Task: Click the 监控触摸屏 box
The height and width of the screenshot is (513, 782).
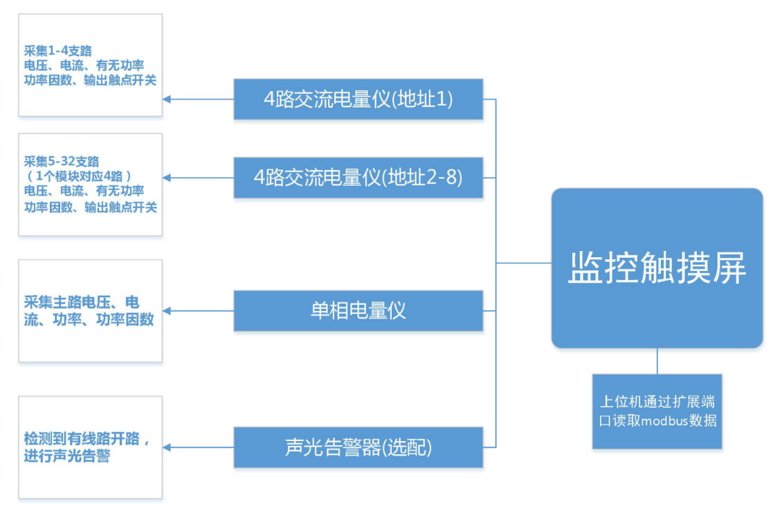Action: tap(657, 268)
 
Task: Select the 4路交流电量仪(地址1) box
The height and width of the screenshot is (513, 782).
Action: tap(358, 100)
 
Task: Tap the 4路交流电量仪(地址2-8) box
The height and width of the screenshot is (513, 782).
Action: tap(358, 178)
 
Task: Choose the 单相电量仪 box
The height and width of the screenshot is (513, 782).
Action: tap(358, 310)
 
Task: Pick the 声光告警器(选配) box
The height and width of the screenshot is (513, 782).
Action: tap(358, 447)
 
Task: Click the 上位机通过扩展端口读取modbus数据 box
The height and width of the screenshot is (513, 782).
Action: tap(657, 411)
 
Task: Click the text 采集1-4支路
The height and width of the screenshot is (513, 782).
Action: tap(58, 50)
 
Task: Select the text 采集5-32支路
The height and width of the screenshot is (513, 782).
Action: tap(62, 161)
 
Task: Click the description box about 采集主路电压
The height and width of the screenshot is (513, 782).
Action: tap(90, 310)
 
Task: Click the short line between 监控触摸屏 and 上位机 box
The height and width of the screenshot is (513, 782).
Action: tap(657, 361)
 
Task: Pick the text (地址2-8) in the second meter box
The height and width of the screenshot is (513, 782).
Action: tap(424, 178)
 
